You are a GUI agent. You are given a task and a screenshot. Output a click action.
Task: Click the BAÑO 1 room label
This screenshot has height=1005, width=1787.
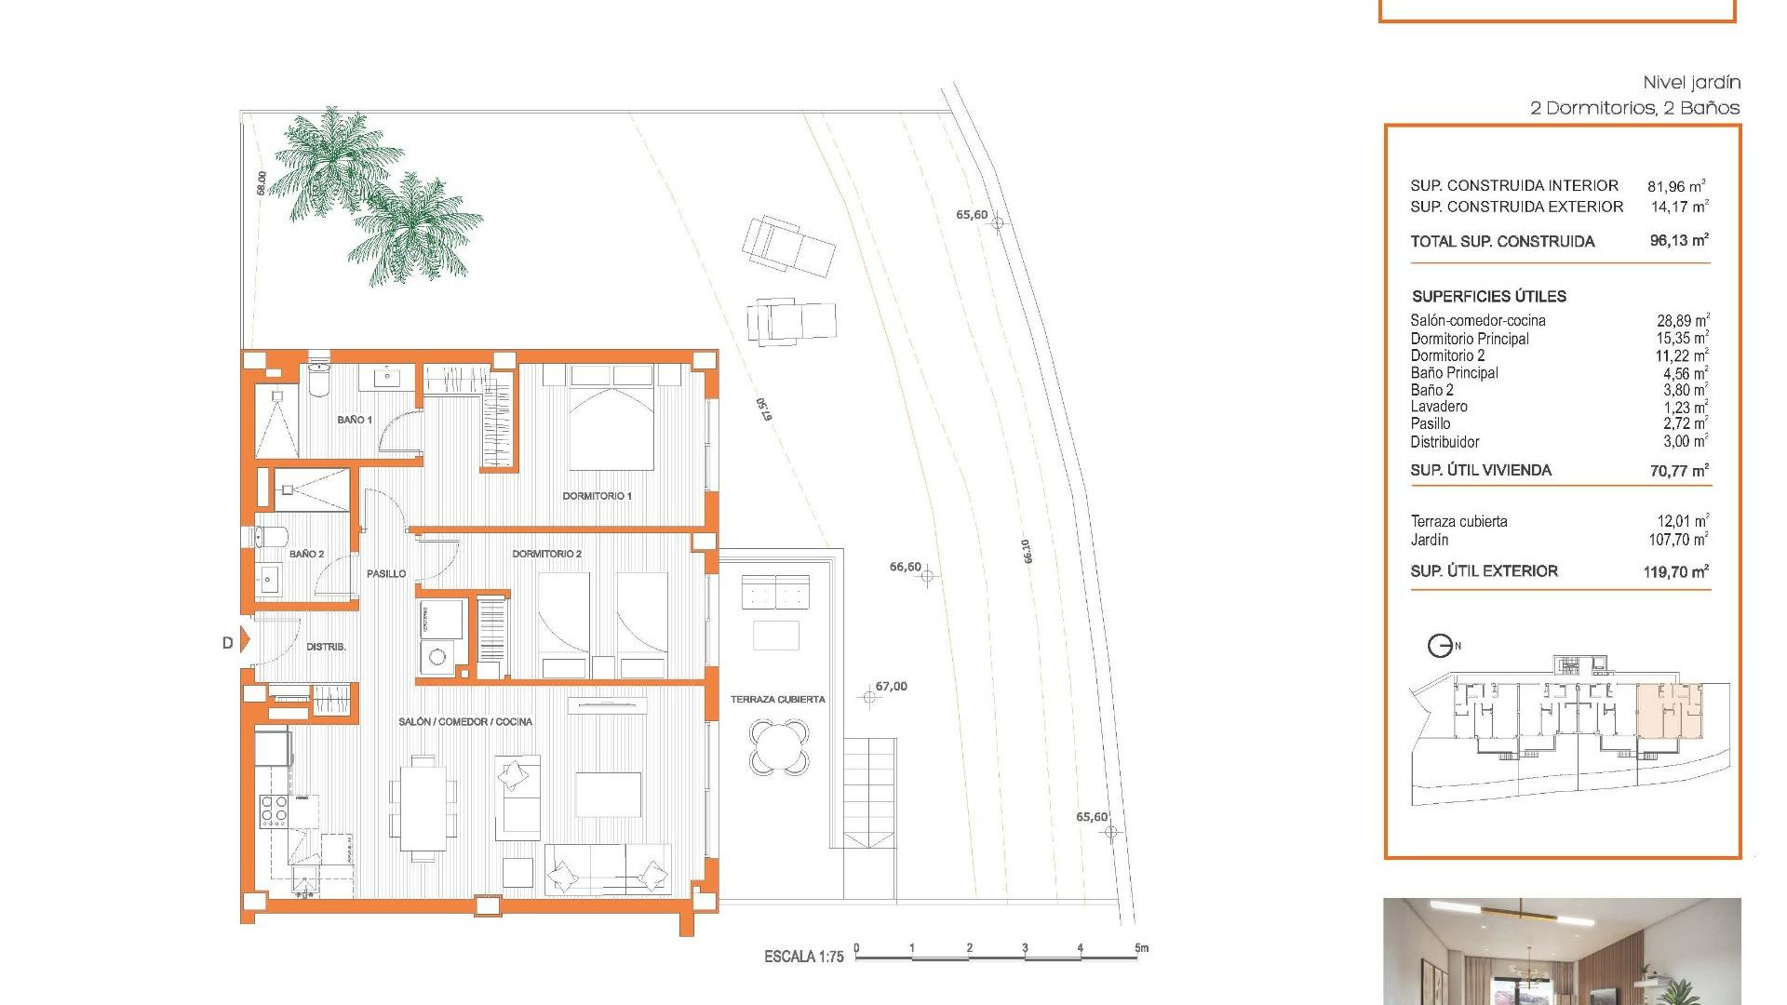(354, 420)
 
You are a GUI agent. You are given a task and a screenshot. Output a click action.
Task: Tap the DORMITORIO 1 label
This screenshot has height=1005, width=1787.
(597, 496)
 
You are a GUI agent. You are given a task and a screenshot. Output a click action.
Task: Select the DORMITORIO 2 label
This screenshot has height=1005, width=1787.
(546, 554)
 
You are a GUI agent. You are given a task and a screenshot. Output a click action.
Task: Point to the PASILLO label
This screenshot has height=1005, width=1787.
(386, 574)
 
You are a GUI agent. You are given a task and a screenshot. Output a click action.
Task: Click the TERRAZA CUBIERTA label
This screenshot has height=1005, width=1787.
(777, 700)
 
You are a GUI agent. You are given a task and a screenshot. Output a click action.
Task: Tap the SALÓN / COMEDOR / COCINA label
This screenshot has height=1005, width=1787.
(465, 722)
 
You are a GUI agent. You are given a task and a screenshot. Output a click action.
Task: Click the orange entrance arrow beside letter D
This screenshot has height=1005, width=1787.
(246, 640)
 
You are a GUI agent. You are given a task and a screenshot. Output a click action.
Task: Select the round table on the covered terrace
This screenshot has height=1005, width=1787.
(779, 747)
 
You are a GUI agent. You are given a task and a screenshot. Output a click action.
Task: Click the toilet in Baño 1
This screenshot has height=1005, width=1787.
(318, 378)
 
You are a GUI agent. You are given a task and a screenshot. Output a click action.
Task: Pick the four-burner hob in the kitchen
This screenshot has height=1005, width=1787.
(274, 811)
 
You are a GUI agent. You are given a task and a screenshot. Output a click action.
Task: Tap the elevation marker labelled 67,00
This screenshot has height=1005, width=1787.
(870, 697)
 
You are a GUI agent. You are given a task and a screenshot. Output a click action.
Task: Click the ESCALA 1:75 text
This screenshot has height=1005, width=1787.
(803, 957)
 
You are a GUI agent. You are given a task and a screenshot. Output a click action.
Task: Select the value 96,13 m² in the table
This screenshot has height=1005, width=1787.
(1679, 240)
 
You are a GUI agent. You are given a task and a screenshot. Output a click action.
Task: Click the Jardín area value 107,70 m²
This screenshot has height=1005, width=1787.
(1678, 540)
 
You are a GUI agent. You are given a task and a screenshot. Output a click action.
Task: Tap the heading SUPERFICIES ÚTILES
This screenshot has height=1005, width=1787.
(1488, 297)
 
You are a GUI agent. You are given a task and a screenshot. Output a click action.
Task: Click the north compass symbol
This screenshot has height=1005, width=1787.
(1440, 645)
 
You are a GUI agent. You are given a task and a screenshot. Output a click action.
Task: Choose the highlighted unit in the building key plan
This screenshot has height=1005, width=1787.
(1670, 712)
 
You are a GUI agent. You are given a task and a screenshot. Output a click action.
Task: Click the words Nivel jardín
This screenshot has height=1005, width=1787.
(1691, 83)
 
